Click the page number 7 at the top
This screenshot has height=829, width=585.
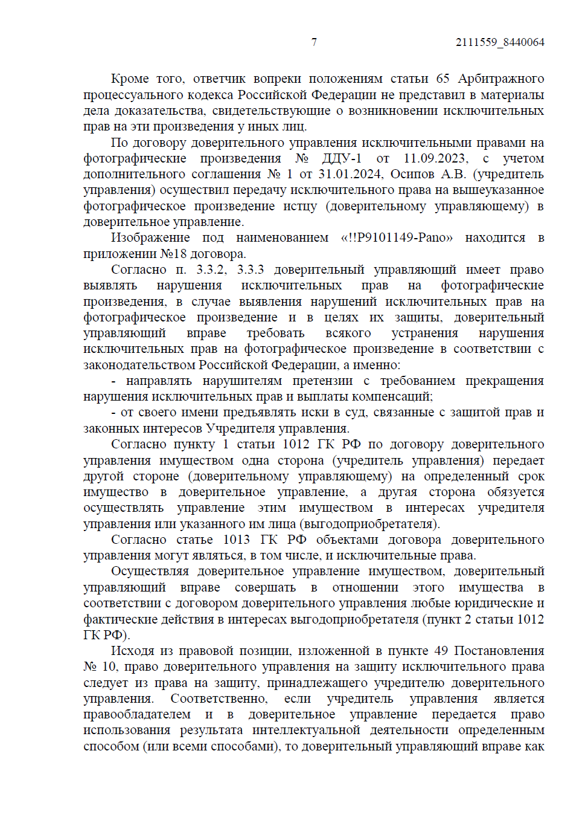314,42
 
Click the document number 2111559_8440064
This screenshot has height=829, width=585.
500,42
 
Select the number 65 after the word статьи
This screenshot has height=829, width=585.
443,79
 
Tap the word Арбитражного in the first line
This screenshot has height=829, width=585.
501,79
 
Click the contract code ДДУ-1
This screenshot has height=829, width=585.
342,158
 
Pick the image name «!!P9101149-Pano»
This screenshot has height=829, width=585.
397,237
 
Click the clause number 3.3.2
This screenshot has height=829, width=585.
211,269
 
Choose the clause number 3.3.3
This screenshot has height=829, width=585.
251,269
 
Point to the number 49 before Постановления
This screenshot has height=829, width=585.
441,651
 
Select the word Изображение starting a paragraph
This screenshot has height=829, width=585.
150,237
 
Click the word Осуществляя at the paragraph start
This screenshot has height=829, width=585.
150,571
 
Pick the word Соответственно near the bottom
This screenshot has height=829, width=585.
219,698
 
